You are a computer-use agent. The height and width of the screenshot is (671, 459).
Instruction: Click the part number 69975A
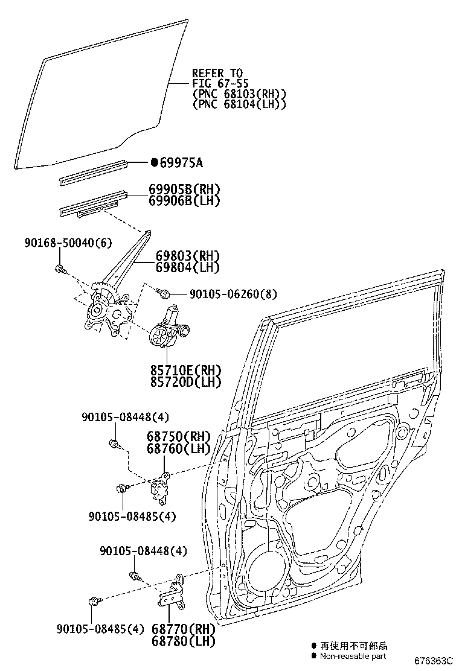pyautogui.click(x=181, y=162)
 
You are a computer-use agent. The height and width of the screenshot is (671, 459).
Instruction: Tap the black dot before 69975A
pyautogui.click(x=154, y=162)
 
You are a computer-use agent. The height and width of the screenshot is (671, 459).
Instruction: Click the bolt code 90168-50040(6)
pyautogui.click(x=68, y=243)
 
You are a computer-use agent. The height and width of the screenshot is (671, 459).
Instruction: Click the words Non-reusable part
pyautogui.click(x=353, y=656)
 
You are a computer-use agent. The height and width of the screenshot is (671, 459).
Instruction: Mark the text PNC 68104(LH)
pyautogui.click(x=239, y=104)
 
